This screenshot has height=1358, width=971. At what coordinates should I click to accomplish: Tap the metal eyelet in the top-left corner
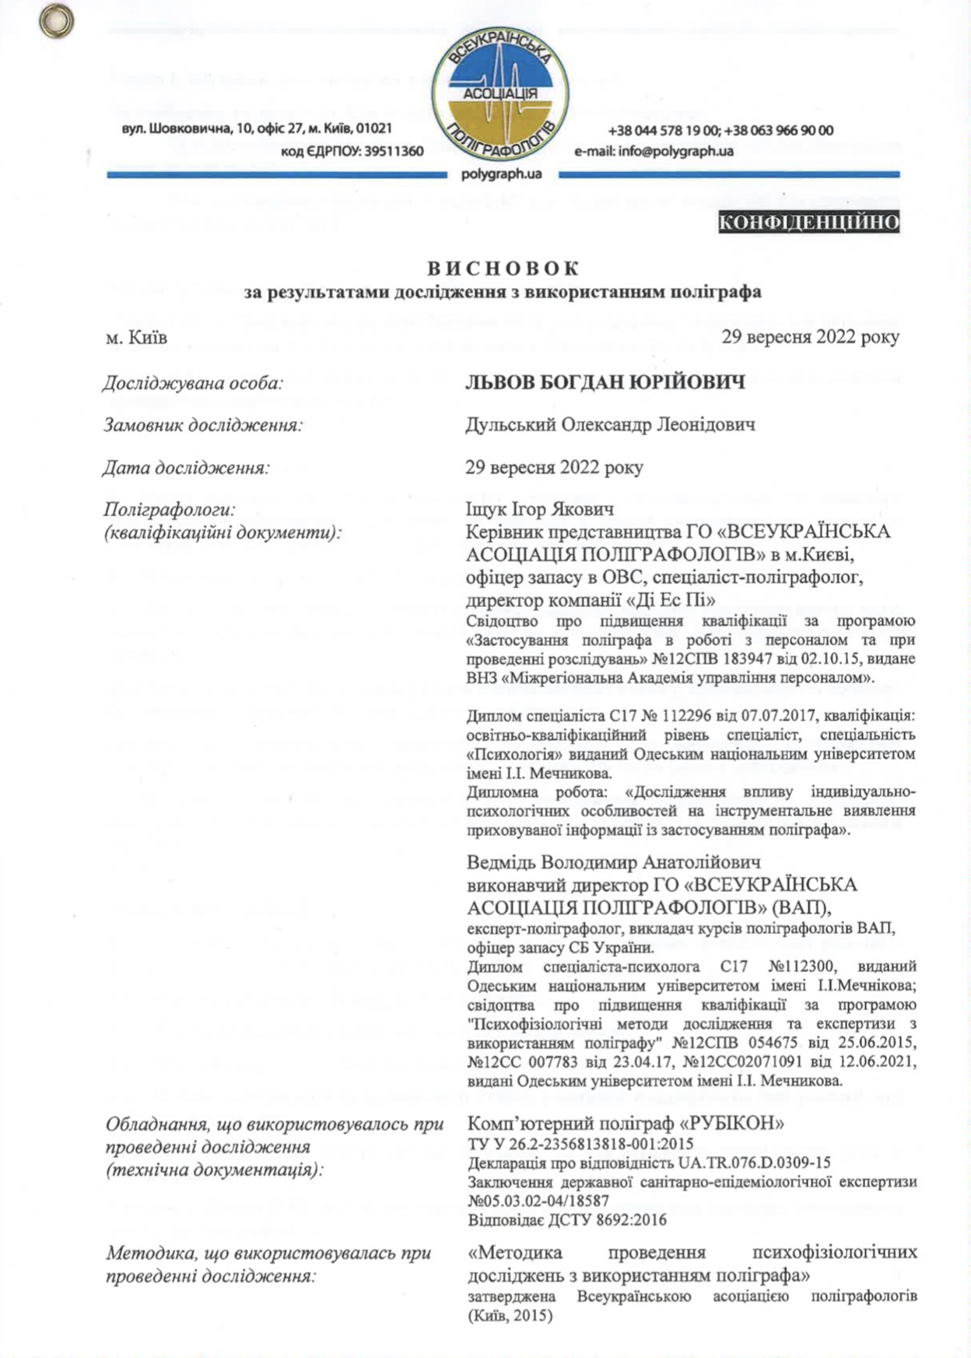(56, 21)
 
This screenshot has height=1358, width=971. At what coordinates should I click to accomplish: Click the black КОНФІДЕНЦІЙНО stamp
(809, 223)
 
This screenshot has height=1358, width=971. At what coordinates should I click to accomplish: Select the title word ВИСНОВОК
(503, 268)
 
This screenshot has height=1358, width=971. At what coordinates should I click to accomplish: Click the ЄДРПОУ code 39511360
(394, 151)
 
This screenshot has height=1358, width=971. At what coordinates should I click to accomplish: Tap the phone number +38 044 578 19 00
(663, 131)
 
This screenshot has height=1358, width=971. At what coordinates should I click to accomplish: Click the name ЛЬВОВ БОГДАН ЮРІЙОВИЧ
(605, 382)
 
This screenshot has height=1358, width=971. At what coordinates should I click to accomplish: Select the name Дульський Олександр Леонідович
(611, 425)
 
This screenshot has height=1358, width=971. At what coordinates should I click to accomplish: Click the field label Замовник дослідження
(203, 425)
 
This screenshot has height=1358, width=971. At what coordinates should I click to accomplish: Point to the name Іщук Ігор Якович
(539, 509)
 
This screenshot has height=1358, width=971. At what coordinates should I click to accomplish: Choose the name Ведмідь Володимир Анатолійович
(613, 862)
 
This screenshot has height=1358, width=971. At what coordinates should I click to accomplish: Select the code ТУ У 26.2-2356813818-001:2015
(580, 1144)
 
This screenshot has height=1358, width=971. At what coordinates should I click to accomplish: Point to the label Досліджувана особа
(193, 383)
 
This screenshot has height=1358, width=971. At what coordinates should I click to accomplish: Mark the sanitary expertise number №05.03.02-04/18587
(538, 1201)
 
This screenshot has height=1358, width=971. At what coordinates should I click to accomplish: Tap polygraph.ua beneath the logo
(501, 174)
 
